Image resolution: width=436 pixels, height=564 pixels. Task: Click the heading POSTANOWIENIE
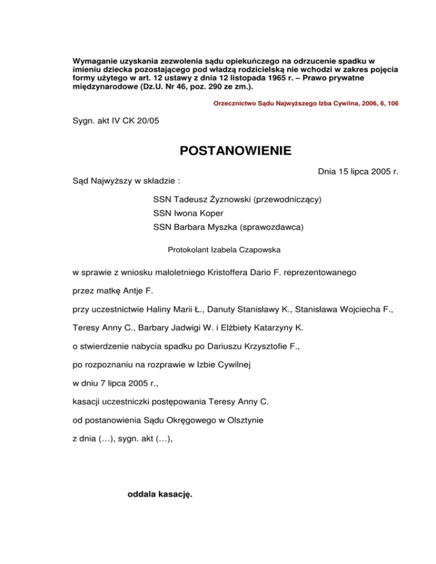click(x=236, y=151)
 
